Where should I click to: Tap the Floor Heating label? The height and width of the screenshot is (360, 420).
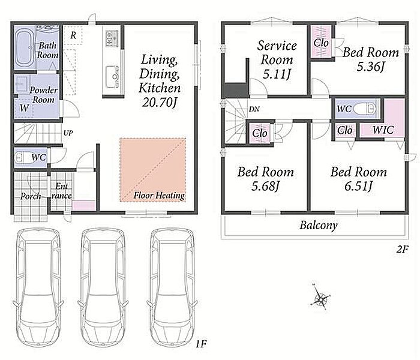(x=160, y=195)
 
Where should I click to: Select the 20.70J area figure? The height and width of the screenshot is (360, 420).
(x=160, y=102)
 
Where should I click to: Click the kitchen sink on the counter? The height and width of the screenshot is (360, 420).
(x=113, y=77)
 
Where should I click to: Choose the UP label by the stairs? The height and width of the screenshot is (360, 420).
(x=68, y=133)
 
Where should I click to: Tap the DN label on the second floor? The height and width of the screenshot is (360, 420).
(x=254, y=109)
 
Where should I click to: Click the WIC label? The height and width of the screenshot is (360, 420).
(x=383, y=130)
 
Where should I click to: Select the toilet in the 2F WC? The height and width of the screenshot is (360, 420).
(x=365, y=109)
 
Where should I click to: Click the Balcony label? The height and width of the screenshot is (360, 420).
(x=318, y=225)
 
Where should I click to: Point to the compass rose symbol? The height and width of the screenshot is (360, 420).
(x=320, y=298)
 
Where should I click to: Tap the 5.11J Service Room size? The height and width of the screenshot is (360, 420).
(x=277, y=74)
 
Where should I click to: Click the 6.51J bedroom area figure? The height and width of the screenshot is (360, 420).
(x=358, y=185)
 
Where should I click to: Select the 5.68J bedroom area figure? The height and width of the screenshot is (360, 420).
(x=265, y=185)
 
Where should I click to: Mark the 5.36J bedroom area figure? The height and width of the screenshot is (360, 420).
(x=370, y=66)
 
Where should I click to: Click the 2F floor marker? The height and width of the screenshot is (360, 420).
(x=402, y=250)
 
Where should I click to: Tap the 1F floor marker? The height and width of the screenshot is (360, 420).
(x=201, y=343)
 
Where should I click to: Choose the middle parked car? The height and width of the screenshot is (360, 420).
(x=103, y=288)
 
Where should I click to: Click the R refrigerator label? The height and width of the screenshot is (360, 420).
(x=73, y=35)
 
